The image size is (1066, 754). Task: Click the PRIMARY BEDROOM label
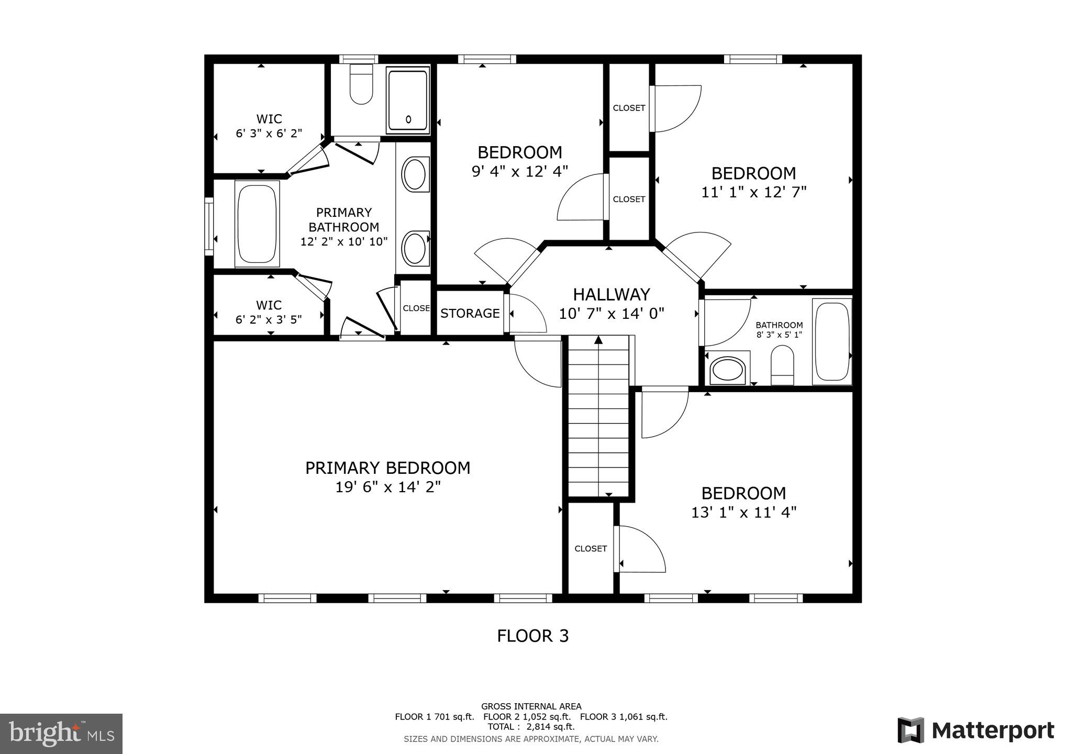coord(387,468)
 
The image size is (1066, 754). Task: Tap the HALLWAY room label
coord(611,294)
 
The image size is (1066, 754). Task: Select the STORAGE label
coord(470,313)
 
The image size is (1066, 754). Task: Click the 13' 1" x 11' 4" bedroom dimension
coord(743,512)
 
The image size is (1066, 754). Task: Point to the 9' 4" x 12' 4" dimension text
coord(519,171)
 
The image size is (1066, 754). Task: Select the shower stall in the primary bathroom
coord(408,99)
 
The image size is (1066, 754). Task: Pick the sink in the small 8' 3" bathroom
coord(727,370)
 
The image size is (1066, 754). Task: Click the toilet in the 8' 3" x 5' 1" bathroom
coord(782,365)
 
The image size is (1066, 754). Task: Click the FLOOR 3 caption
coord(532,636)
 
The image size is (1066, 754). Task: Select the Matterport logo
coord(975,730)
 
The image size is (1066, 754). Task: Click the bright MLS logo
coord(61,734)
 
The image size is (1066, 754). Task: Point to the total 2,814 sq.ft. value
coord(550,727)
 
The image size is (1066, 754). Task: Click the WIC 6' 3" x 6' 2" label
coord(269,126)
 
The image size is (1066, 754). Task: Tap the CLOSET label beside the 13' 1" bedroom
coord(591,548)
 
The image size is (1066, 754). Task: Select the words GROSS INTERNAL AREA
coord(531,706)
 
